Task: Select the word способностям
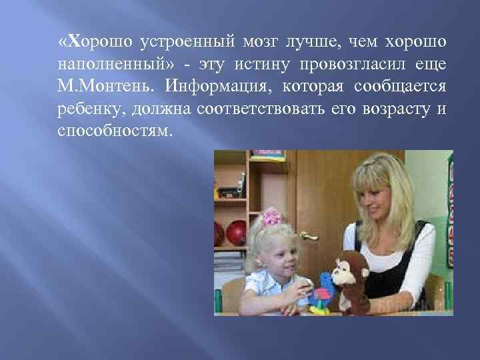click(x=115, y=129)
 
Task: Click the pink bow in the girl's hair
click(x=272, y=217)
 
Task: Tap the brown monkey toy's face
click(x=351, y=274)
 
